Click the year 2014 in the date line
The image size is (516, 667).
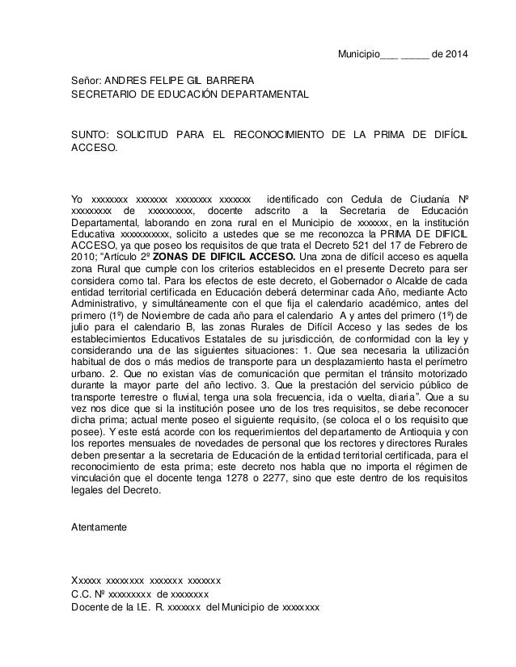[455, 55]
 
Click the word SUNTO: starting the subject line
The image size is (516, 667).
[87, 134]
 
